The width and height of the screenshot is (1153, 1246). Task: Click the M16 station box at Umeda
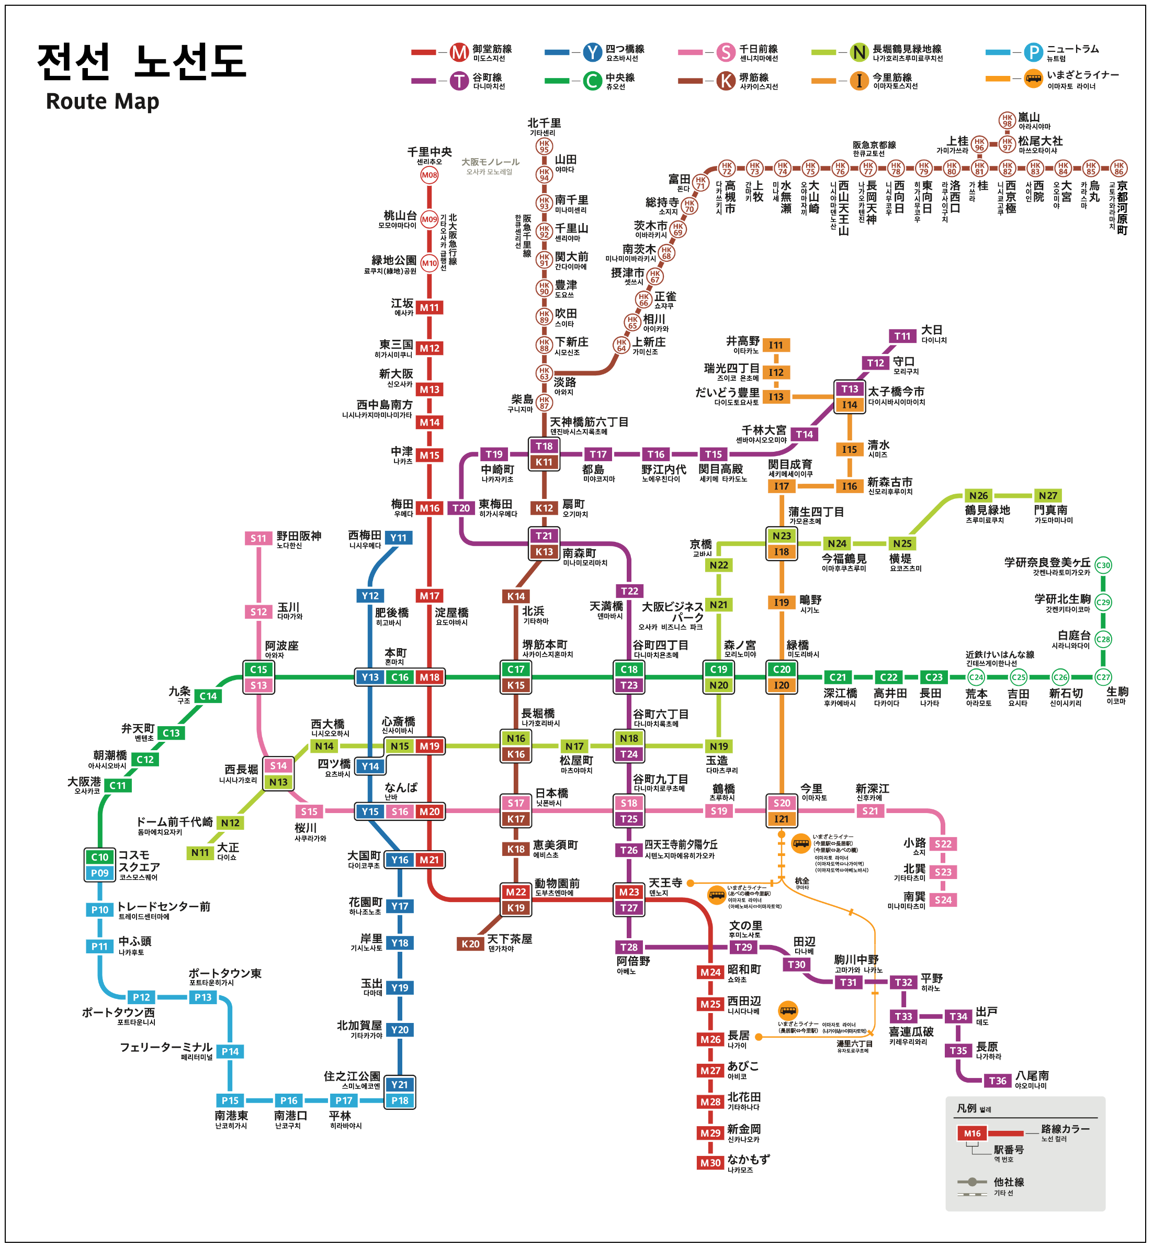point(429,508)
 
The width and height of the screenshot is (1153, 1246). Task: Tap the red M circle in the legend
point(459,52)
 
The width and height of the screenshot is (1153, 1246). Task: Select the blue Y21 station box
point(399,1084)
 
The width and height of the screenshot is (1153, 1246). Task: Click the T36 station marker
point(997,1081)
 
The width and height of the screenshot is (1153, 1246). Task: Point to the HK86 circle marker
point(1118,168)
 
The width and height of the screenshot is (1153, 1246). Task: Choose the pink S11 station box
point(258,538)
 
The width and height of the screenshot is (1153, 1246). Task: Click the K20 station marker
point(470,944)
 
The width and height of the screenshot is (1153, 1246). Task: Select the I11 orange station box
point(775,345)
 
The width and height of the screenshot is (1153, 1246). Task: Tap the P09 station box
point(100,873)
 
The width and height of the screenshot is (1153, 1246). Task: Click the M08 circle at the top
point(429,175)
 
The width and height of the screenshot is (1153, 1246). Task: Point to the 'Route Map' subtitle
point(103,101)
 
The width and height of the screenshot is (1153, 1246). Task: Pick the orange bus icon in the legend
point(1033,79)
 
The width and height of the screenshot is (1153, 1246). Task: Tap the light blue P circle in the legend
point(1033,52)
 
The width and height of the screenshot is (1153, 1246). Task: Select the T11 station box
point(902,336)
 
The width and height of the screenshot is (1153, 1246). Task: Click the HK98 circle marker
point(1007,120)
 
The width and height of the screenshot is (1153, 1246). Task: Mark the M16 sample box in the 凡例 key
point(971,1133)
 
